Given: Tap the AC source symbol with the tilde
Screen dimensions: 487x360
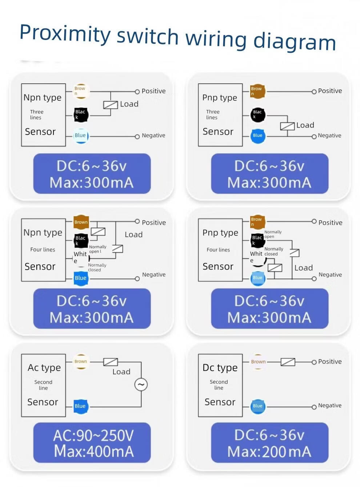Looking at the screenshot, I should (141, 385).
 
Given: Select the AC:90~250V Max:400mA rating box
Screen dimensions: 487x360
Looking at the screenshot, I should (92, 443).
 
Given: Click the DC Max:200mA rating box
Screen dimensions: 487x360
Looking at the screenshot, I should (269, 443).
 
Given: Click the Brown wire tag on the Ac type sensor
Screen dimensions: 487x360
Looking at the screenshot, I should (81, 362).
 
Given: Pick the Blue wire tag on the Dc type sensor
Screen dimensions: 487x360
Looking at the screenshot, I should (257, 406).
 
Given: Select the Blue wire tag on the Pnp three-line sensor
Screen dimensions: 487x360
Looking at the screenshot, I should (257, 136).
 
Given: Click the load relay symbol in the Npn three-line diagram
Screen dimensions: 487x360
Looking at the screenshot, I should (111, 105).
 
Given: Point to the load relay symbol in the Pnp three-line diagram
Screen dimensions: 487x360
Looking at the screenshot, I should (287, 126).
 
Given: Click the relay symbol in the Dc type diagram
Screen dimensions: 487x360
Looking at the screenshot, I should (288, 362).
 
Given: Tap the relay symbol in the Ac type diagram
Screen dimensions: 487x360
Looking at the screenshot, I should (111, 362).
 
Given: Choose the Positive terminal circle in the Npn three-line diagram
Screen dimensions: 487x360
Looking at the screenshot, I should (137, 92).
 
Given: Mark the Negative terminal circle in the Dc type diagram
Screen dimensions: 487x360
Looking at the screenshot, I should (314, 407).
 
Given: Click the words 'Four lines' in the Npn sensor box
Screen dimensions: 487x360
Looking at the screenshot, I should (43, 250).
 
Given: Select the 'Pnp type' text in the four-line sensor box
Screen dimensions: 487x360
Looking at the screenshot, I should (220, 233).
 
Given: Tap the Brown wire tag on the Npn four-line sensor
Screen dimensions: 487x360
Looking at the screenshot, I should (81, 222).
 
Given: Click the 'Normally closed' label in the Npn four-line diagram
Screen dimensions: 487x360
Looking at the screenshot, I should (97, 267).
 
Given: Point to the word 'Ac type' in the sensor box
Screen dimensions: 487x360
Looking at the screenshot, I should (44, 368).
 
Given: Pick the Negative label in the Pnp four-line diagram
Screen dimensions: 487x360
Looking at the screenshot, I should (330, 275).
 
